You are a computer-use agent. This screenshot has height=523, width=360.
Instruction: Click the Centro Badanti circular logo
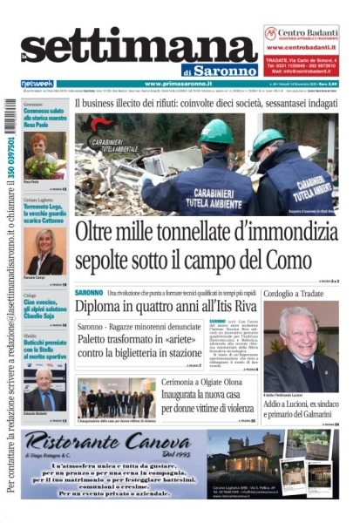(x=272, y=33)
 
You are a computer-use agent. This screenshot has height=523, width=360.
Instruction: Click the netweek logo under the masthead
(x=37, y=84)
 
